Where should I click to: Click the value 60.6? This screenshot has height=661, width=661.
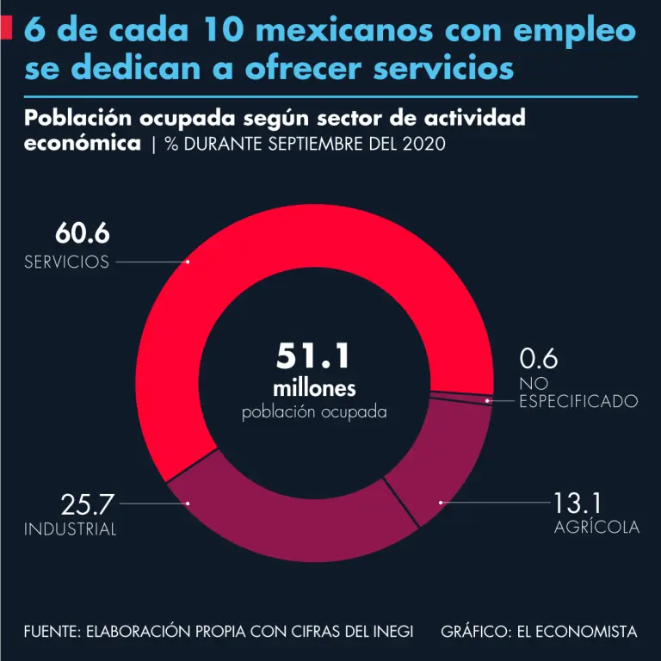pos(83,233)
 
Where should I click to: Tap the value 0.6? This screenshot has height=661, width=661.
pos(539,358)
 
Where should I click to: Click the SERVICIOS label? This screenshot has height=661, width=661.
pos(66,263)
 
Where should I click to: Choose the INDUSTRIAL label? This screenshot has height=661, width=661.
pos(70,530)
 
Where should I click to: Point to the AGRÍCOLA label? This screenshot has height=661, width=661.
pos(596,528)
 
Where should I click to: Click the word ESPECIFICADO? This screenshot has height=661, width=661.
pos(578,401)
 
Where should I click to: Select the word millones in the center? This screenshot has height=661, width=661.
pos(314,386)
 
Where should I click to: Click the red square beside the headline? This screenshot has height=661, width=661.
pos(6,29)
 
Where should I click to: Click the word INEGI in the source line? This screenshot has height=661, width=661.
pos(390,632)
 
